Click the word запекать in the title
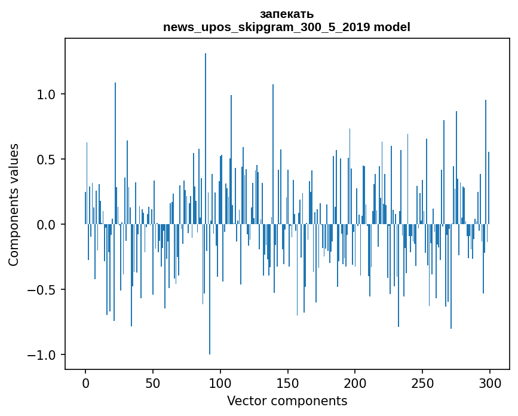click(287, 14)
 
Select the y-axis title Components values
click(14, 204)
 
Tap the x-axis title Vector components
click(287, 400)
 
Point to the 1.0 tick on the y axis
click(45, 94)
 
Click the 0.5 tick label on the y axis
click(45, 160)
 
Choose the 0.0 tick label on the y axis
click(45, 225)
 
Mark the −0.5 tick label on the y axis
click(42, 290)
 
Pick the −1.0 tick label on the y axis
click(42, 355)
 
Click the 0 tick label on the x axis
click(85, 383)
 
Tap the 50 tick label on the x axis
click(153, 383)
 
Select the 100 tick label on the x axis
click(220, 383)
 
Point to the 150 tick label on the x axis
click(287, 383)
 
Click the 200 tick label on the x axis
click(355, 383)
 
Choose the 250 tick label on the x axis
click(422, 383)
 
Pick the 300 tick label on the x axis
click(490, 383)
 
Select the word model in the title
click(392, 27)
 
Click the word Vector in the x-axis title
click(246, 400)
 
